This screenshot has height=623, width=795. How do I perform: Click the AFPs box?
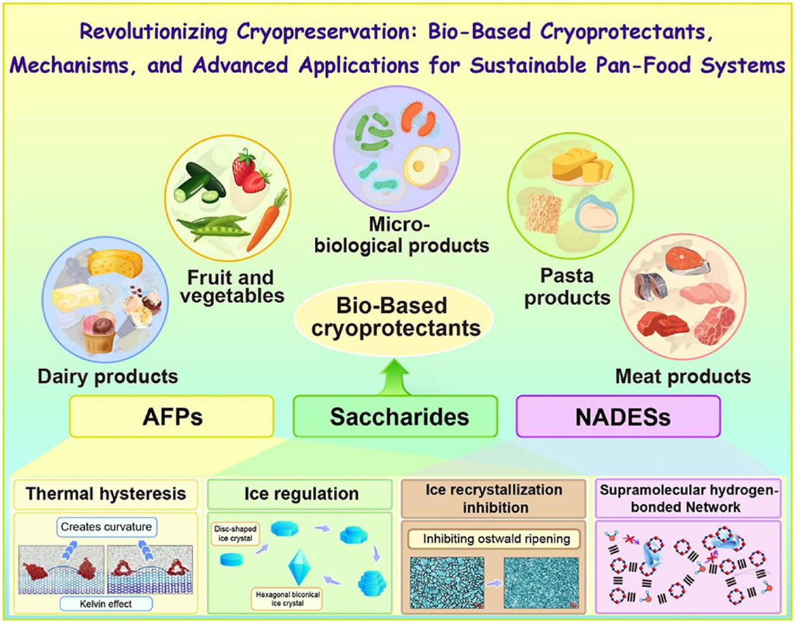(x=171, y=417)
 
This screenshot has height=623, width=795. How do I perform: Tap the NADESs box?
(x=619, y=417)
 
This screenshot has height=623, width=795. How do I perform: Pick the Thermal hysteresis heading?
(x=105, y=494)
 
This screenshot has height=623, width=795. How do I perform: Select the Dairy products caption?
(x=108, y=377)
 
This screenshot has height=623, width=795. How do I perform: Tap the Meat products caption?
(x=683, y=377)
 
